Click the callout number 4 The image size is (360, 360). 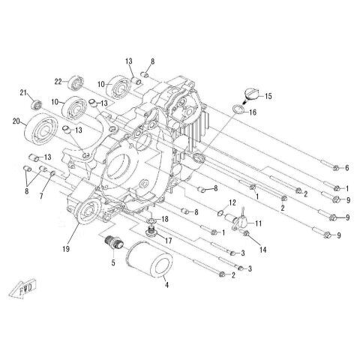tap(166, 285)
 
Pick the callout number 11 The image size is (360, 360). tap(259, 223)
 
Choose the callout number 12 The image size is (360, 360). tap(232, 202)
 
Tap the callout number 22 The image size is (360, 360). tap(57, 82)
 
